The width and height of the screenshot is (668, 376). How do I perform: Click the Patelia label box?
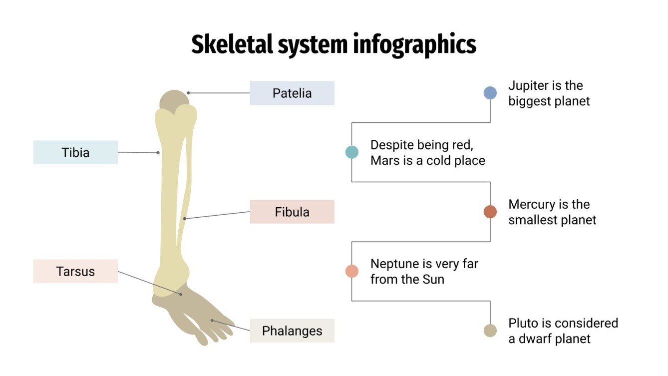[292, 93]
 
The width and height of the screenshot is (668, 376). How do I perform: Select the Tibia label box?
[75, 152]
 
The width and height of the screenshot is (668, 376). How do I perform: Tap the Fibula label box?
[292, 212]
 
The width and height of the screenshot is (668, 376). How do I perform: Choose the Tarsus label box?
[75, 271]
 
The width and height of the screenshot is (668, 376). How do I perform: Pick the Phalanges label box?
[292, 331]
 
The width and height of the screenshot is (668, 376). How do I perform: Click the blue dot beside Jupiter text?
[490, 93]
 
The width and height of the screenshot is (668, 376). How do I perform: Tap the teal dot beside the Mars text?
[352, 152]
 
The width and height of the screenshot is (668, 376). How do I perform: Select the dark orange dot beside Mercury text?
[490, 212]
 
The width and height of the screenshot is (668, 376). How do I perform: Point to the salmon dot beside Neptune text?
[352, 271]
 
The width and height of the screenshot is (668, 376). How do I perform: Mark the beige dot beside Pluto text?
[490, 331]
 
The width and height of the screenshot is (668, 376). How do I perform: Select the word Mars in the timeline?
[382, 161]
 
